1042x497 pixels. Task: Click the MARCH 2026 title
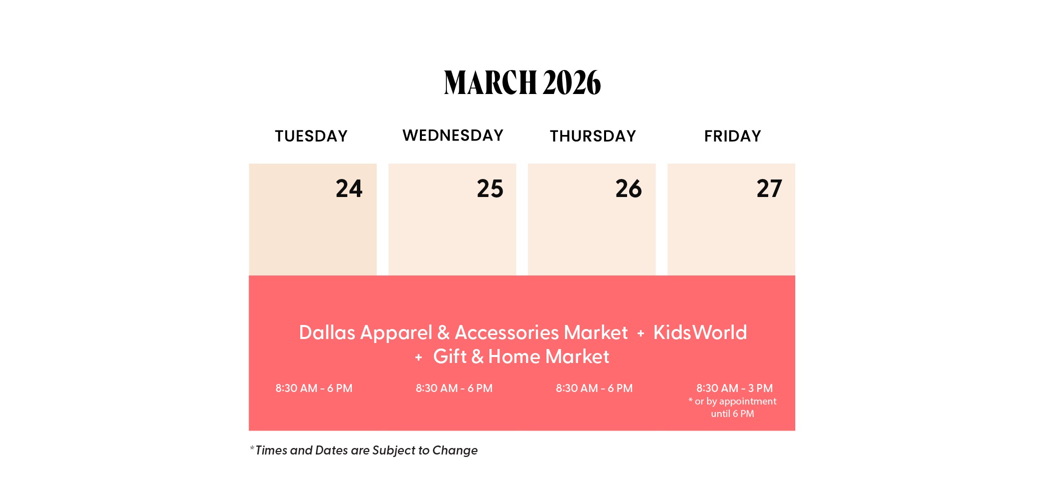[522, 82]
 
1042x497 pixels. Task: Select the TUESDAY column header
[311, 136]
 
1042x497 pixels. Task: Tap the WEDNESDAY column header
[453, 135]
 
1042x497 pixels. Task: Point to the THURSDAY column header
[593, 136]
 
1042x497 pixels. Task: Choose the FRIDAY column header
[733, 136]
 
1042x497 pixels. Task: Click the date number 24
[349, 188]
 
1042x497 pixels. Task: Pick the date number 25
[490, 188]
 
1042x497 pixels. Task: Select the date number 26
[629, 188]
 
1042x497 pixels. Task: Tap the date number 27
[769, 188]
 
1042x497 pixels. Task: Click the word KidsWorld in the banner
[700, 332]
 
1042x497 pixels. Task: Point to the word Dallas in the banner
[327, 332]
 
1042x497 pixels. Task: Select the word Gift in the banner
[450, 356]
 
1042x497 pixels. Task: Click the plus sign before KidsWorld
[641, 333]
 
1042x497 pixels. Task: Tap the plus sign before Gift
[419, 357]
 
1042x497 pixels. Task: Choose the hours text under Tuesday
[314, 388]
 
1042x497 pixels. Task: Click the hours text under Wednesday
[454, 388]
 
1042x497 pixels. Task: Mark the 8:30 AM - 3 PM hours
[734, 388]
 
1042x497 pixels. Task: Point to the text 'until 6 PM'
[732, 413]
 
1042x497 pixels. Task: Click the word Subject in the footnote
[394, 450]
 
